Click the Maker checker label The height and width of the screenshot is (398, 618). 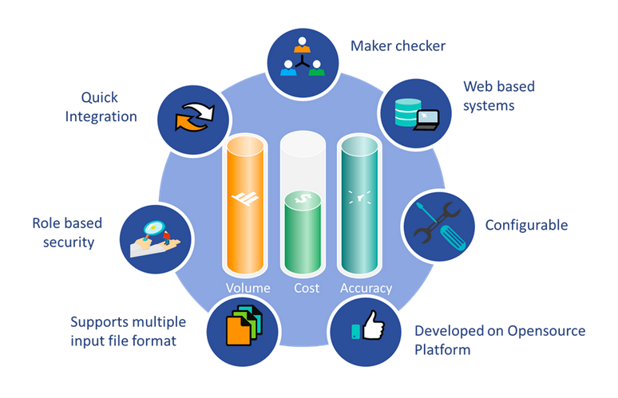[398, 46]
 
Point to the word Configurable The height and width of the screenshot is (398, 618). [527, 225]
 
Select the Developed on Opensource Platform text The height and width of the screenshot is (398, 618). [500, 340]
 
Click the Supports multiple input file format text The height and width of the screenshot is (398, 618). [128, 332]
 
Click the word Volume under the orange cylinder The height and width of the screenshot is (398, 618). [248, 289]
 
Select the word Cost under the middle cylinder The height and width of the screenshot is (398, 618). [306, 289]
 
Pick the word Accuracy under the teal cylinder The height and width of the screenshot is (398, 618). [366, 289]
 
